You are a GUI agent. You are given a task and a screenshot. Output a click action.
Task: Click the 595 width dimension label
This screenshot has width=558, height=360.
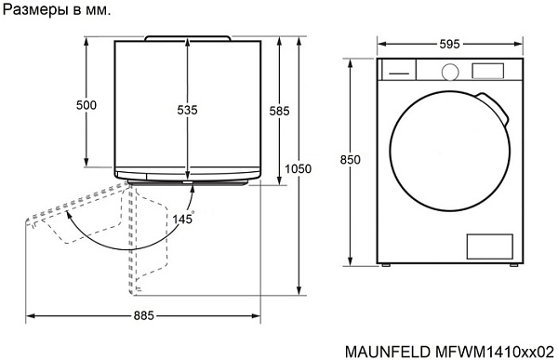[447, 44]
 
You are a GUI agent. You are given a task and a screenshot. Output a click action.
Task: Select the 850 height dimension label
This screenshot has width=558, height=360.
[350, 161]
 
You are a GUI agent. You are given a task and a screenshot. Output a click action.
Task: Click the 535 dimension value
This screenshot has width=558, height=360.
[187, 110]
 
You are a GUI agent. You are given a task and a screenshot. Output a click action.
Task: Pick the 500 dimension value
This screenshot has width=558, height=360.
[86, 106]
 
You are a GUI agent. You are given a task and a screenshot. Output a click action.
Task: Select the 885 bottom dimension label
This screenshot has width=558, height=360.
[143, 314]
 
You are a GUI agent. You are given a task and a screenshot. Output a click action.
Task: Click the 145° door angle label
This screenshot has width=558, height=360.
[182, 219]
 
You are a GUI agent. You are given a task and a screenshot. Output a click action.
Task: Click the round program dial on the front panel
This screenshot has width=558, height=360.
[449, 71]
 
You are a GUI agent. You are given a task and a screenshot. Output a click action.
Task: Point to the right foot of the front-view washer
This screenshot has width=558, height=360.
[511, 265]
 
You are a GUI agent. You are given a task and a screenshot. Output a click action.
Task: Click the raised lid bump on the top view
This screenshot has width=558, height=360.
[189, 36]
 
